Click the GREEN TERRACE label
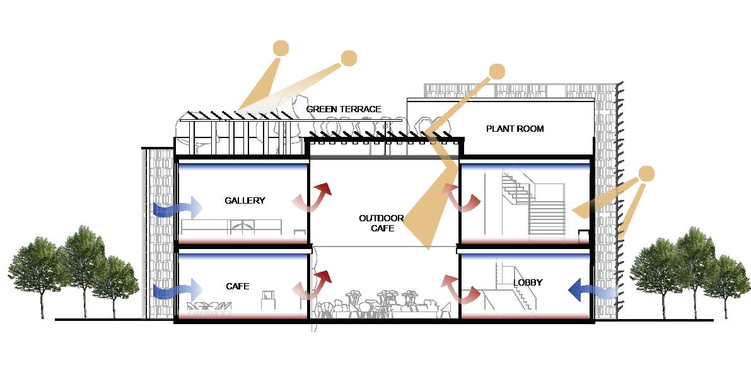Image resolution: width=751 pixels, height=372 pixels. pos(344,109)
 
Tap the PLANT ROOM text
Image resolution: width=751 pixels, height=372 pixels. pos(515,129)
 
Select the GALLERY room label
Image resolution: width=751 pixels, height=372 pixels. pos(245,201)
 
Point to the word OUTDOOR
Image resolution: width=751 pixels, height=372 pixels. pos(381,218)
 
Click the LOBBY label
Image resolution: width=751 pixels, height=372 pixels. pos(528,282)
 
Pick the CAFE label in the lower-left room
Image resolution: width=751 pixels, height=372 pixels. pos(237,286)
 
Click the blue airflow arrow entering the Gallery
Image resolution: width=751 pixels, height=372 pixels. pos(177,207)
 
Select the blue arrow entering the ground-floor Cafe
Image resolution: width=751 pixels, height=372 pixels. pos(177,291)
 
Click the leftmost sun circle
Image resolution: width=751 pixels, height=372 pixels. pos(281,48)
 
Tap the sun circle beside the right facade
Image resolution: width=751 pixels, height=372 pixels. pos(647,174)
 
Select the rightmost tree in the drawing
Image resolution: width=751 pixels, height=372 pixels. pos(726,277)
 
